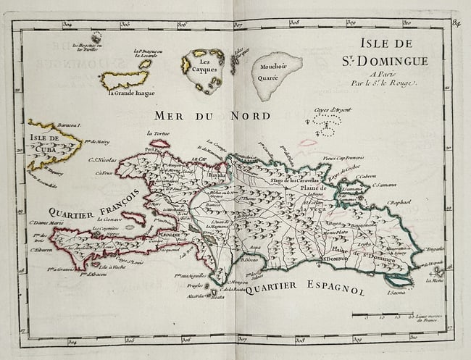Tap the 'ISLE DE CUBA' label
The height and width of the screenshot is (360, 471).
[46, 143]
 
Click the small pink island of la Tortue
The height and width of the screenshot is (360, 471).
[159, 143]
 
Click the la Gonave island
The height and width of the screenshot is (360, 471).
[133, 217]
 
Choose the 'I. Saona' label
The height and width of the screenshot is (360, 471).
[396, 293]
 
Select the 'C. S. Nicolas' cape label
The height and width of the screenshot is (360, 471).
[102, 160]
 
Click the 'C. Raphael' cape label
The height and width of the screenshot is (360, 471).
[399, 202]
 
